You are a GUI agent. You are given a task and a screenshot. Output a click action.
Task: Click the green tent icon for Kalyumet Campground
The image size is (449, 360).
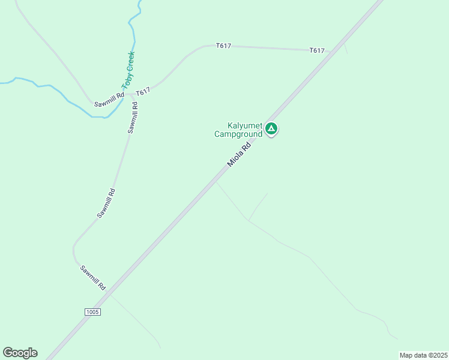tap(271, 128)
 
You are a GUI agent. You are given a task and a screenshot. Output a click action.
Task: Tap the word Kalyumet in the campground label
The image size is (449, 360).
tap(244, 126)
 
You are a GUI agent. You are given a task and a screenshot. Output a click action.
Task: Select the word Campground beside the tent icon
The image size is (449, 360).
tap(238, 134)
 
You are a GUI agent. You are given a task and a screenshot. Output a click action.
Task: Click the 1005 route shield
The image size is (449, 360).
tap(92, 312)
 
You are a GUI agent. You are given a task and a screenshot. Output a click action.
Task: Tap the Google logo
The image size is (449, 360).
tap(20, 353)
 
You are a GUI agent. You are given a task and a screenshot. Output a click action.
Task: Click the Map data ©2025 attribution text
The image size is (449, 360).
tap(423, 355)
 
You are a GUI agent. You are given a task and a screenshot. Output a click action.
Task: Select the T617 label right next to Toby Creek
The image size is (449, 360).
tap(142, 92)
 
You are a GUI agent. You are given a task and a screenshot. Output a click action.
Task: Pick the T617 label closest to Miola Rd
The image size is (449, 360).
tap(317, 50)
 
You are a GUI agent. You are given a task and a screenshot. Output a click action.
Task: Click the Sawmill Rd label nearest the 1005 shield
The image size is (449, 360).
tap(93, 278)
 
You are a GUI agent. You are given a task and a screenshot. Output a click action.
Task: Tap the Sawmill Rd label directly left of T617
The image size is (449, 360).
tap(109, 100)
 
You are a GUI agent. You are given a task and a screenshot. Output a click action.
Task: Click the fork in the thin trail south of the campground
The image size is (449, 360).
tap(249, 220)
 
